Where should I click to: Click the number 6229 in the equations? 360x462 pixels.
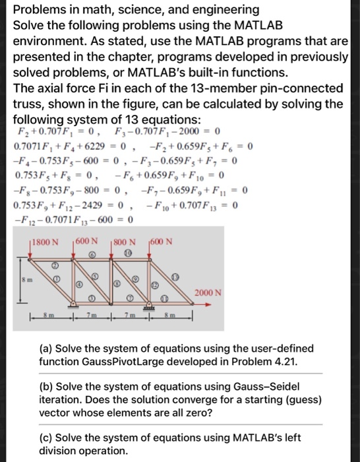tap(88, 147)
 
